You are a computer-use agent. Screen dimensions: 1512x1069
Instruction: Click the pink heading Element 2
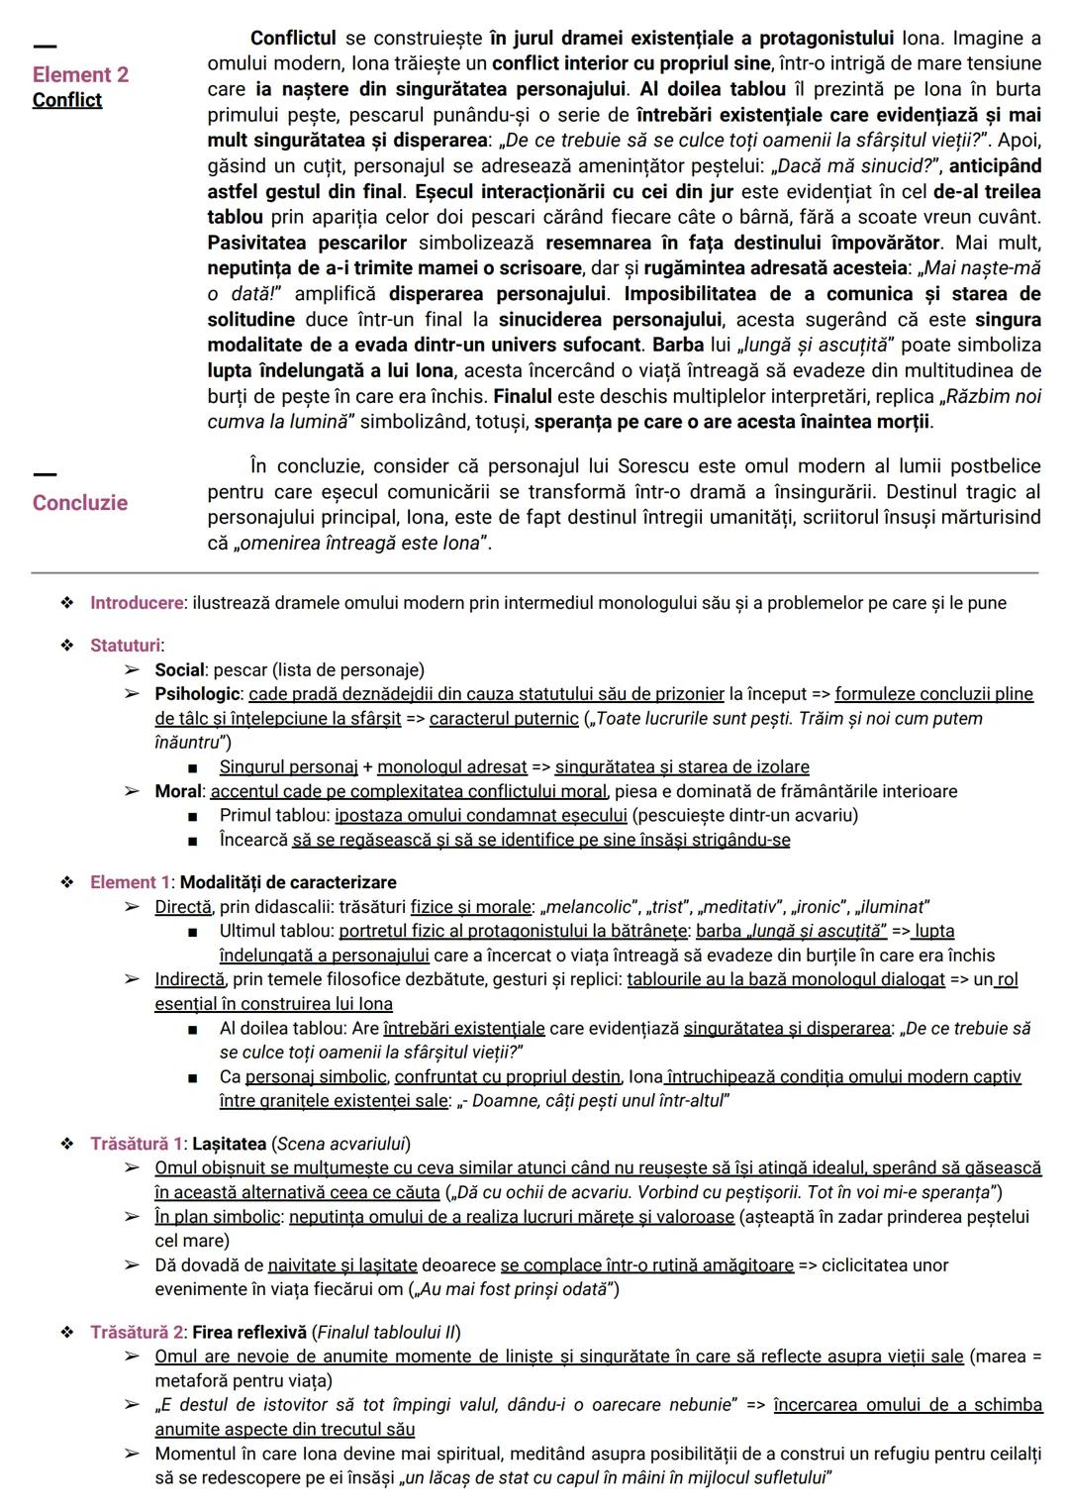[x=80, y=74]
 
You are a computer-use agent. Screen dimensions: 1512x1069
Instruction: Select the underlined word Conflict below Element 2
[x=66, y=100]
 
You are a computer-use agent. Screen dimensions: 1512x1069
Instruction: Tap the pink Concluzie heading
[x=79, y=502]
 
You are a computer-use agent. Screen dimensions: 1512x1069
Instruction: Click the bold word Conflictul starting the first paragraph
[x=293, y=38]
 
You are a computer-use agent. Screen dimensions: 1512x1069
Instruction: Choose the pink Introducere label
[x=137, y=603]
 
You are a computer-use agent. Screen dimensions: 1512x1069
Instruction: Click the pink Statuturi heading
[x=126, y=646]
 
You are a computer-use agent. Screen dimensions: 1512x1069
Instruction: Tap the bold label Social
[x=179, y=670]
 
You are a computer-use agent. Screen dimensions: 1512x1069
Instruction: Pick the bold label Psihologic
[x=197, y=694]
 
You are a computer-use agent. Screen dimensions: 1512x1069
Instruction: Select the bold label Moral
[x=178, y=791]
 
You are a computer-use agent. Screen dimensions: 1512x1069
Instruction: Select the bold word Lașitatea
[x=229, y=1144]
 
